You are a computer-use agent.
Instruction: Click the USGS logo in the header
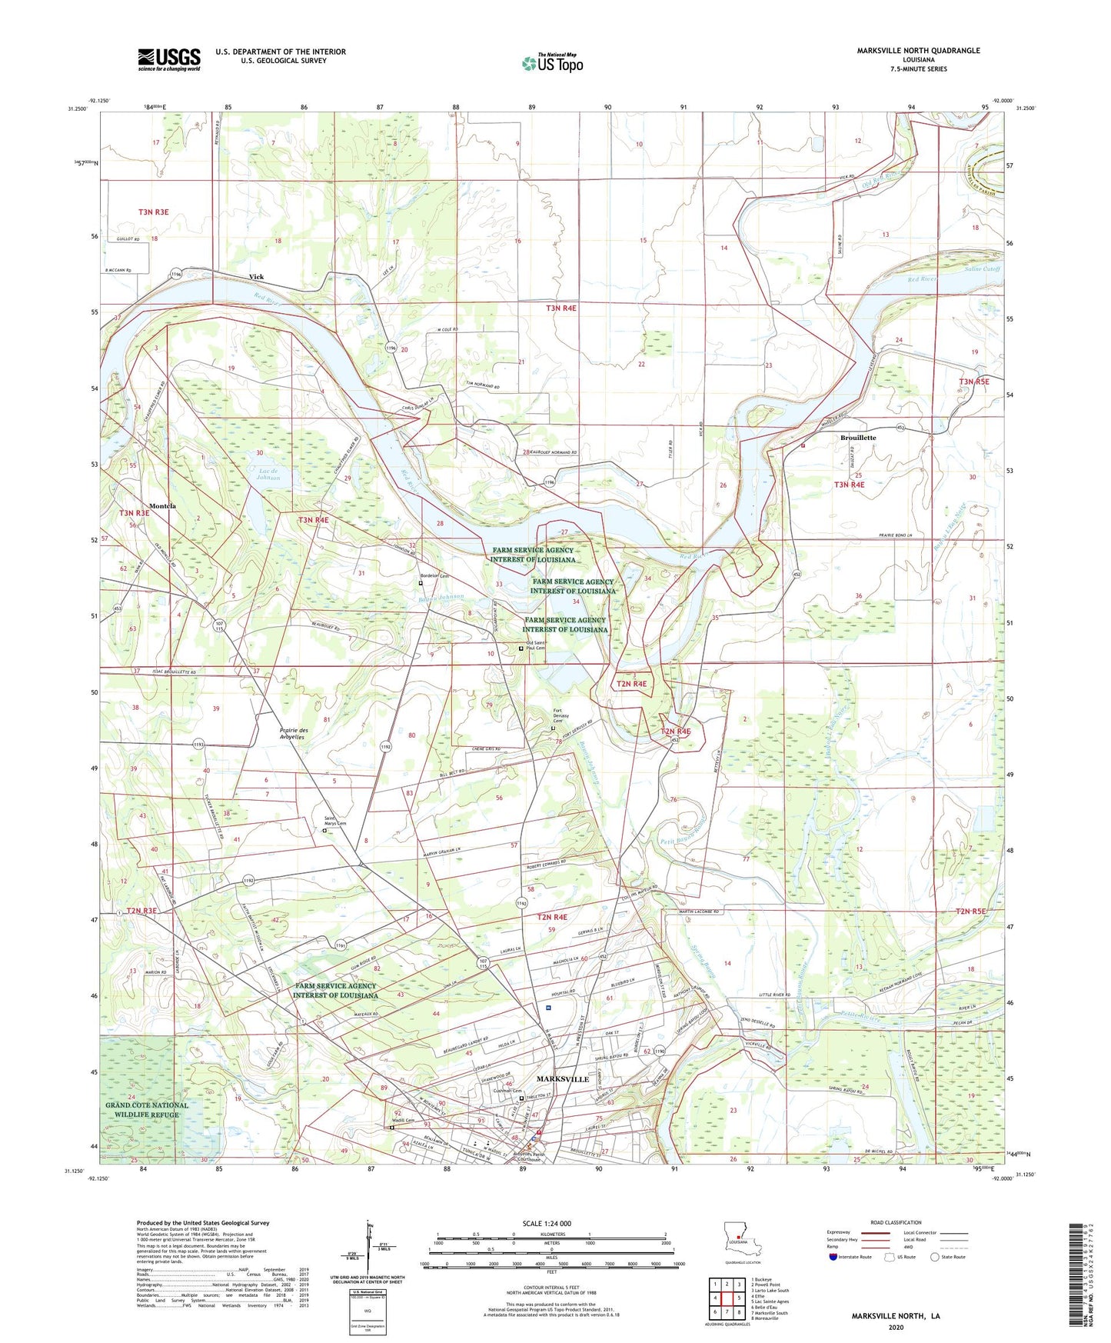coord(169,58)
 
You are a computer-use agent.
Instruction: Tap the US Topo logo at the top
coord(552,63)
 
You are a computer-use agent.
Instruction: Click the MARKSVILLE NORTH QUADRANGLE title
coord(918,51)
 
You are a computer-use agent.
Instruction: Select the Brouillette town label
coord(856,438)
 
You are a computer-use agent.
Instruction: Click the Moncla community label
coord(162,505)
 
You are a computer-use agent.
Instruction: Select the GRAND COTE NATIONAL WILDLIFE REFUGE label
coord(147,1109)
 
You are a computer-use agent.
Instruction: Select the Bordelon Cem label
coord(434,577)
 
